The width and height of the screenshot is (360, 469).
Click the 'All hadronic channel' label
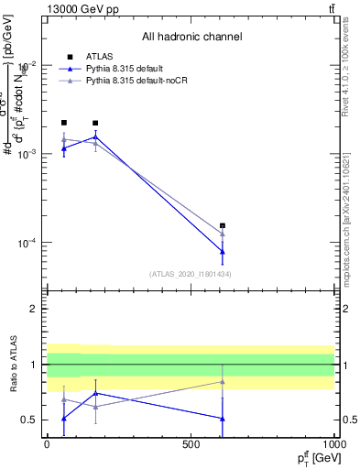[191, 37]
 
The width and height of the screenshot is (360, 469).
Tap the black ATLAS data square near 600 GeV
[223, 225]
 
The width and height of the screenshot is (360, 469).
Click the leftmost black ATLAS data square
[64, 123]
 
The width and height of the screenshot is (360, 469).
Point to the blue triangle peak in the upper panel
[95, 137]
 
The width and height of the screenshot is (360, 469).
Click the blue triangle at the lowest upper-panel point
[223, 251]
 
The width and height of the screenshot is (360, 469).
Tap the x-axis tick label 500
[191, 443]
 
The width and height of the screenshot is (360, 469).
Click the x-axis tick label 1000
[333, 443]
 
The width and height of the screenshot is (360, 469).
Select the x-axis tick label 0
[48, 443]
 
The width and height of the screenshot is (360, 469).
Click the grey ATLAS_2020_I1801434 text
[190, 274]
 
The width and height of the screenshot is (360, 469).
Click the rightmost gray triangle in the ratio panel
[223, 382]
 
